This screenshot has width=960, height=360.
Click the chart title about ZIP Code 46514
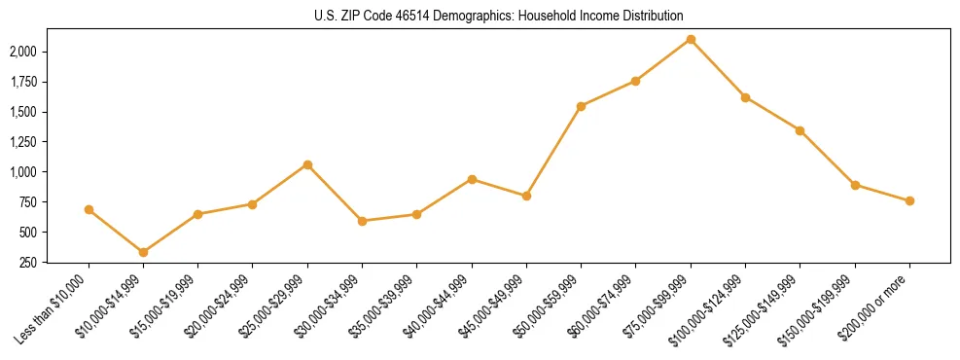click(x=499, y=16)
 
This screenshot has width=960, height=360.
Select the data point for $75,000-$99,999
click(x=691, y=39)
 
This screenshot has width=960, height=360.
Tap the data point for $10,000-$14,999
click(x=144, y=252)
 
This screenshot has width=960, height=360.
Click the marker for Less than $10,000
click(x=89, y=209)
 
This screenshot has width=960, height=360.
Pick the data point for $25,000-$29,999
click(x=307, y=164)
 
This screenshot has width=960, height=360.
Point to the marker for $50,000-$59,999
click(x=581, y=106)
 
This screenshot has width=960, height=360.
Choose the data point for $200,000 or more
click(x=909, y=200)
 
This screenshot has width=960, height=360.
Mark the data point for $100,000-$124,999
click(x=745, y=97)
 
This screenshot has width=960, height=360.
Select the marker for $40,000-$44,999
click(x=472, y=179)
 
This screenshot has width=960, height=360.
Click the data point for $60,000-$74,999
click(x=635, y=81)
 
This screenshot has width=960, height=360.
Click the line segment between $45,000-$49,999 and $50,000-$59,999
click(x=553, y=151)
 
